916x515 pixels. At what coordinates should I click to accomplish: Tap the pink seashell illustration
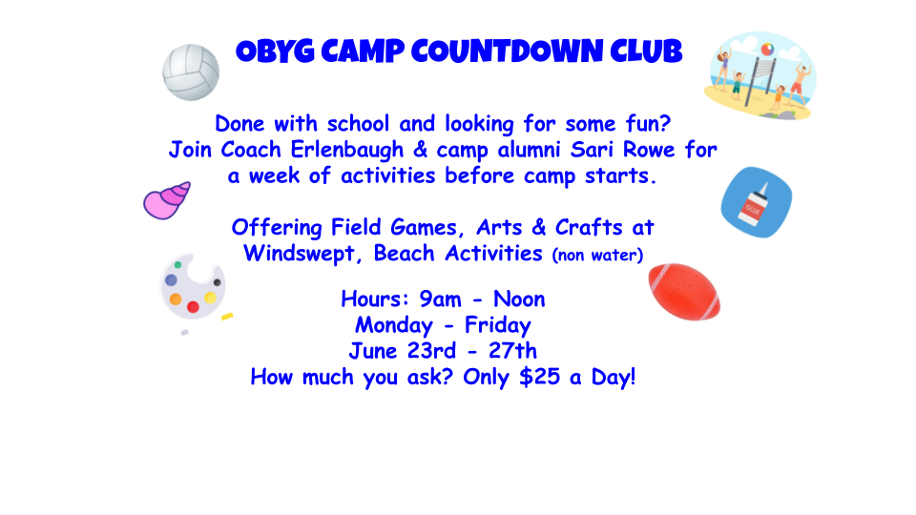click(167, 199)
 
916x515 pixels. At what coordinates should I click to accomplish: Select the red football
click(684, 290)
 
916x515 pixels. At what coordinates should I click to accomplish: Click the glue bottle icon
click(756, 202)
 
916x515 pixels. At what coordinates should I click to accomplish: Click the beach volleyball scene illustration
click(760, 75)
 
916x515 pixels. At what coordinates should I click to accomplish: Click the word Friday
click(498, 325)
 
